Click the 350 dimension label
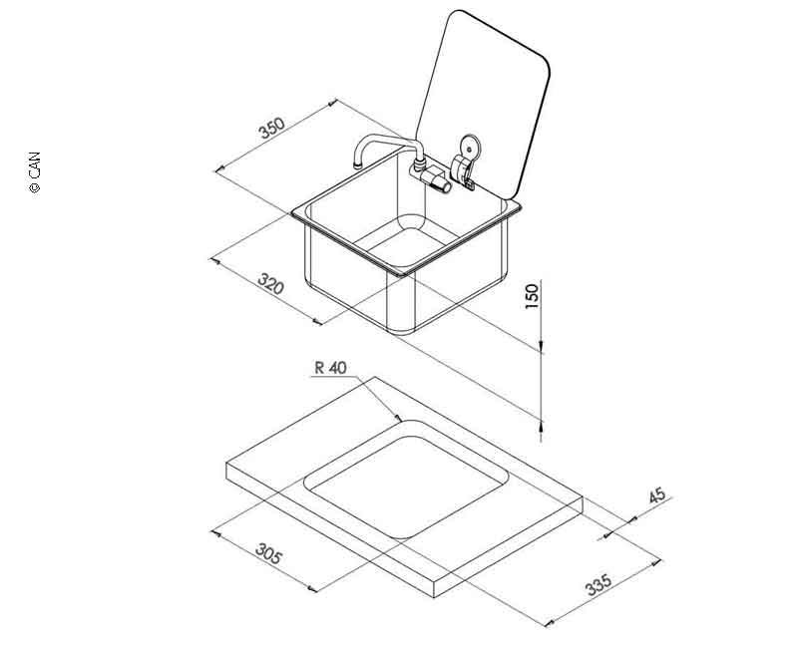tap(272, 128)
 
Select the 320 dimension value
tap(270, 284)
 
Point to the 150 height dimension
tap(531, 296)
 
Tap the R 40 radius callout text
tap(330, 367)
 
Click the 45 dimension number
tap(658, 494)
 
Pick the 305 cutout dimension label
tap(268, 553)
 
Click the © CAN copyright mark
tap(34, 171)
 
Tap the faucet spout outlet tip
tap(357, 164)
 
